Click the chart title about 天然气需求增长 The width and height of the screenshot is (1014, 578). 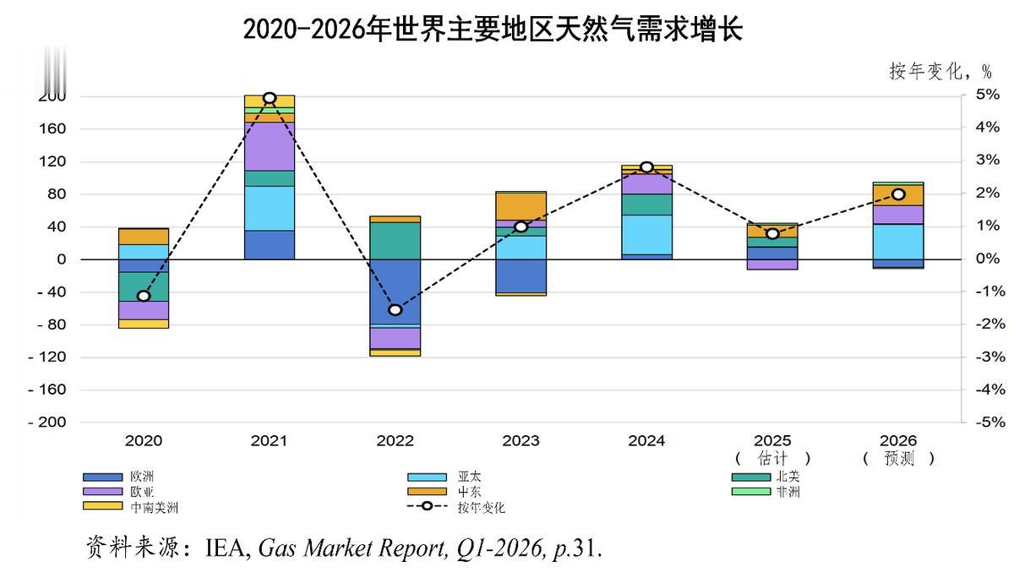tap(493, 29)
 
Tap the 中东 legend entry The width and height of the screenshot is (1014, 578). tap(470, 492)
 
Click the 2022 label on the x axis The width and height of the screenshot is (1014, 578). tap(395, 440)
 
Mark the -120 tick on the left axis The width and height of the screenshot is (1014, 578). tap(47, 357)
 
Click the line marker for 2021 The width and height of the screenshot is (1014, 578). tap(270, 98)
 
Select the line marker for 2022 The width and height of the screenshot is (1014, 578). tap(395, 309)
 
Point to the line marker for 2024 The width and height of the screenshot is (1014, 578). tap(646, 167)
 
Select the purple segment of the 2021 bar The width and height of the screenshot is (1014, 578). tap(270, 146)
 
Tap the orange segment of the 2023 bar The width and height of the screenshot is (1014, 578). tap(521, 206)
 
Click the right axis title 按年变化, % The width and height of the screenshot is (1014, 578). tap(939, 71)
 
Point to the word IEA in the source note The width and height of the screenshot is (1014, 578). tap(227, 549)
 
